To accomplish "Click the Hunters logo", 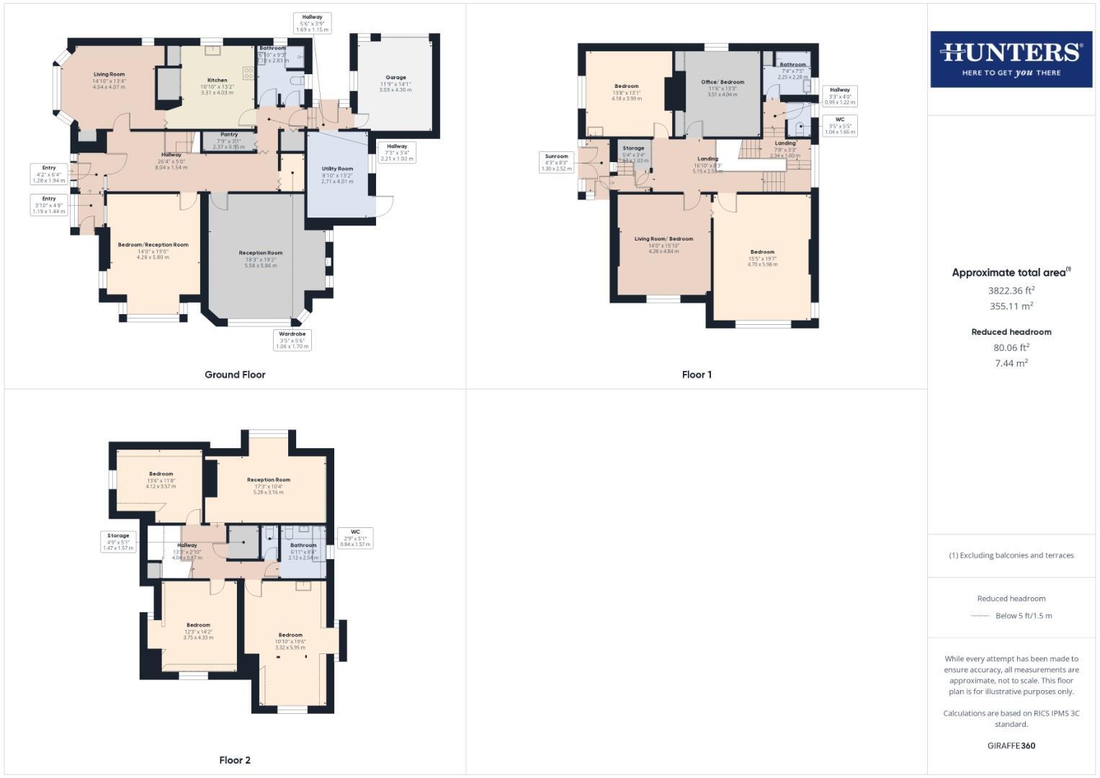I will (1011, 59).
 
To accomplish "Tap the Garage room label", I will (395, 77).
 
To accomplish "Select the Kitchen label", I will (217, 80).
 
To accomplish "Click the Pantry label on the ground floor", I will (229, 135).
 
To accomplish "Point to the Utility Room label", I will (337, 169).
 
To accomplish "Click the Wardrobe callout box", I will (292, 340).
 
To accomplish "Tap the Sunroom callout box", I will (556, 162).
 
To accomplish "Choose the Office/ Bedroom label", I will (723, 82).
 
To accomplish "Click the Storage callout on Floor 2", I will (118, 542).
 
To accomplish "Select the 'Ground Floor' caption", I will (235, 375).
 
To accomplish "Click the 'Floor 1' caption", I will (697, 375).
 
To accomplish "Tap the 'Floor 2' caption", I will (235, 760).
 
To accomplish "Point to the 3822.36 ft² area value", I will (1011, 291).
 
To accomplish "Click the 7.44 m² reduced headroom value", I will (1011, 363).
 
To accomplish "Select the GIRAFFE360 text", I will (1011, 746).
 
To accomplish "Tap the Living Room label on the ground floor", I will (109, 74).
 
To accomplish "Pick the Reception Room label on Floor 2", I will (269, 480).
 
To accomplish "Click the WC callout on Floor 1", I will (840, 125).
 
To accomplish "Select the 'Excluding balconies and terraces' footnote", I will (1011, 555).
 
